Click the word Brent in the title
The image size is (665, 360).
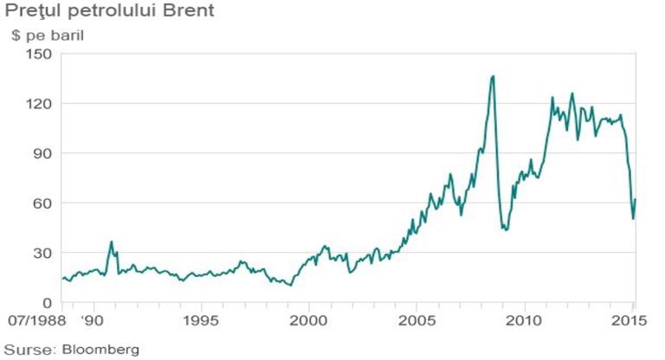click(x=188, y=10)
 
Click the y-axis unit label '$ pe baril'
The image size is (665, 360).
click(x=48, y=35)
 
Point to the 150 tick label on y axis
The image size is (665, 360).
click(x=39, y=54)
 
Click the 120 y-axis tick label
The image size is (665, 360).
click(x=39, y=104)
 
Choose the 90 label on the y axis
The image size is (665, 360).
click(x=42, y=153)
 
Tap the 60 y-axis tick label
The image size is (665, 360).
click(x=42, y=202)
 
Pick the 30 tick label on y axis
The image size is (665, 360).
click(x=42, y=253)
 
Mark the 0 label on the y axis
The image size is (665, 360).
click(x=47, y=302)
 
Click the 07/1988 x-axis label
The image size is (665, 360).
click(x=37, y=320)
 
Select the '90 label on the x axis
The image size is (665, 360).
click(x=92, y=320)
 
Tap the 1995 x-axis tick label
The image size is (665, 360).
click(x=201, y=320)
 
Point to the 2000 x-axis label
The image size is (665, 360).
click(x=309, y=320)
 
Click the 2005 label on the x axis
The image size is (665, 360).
click(x=416, y=320)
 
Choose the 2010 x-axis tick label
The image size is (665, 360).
click(x=525, y=320)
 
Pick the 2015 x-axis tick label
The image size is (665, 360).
click(x=629, y=320)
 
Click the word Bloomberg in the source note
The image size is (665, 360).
click(x=100, y=350)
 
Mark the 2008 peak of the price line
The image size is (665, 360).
click(x=493, y=76)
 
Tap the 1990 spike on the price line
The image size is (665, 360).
click(x=112, y=241)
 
